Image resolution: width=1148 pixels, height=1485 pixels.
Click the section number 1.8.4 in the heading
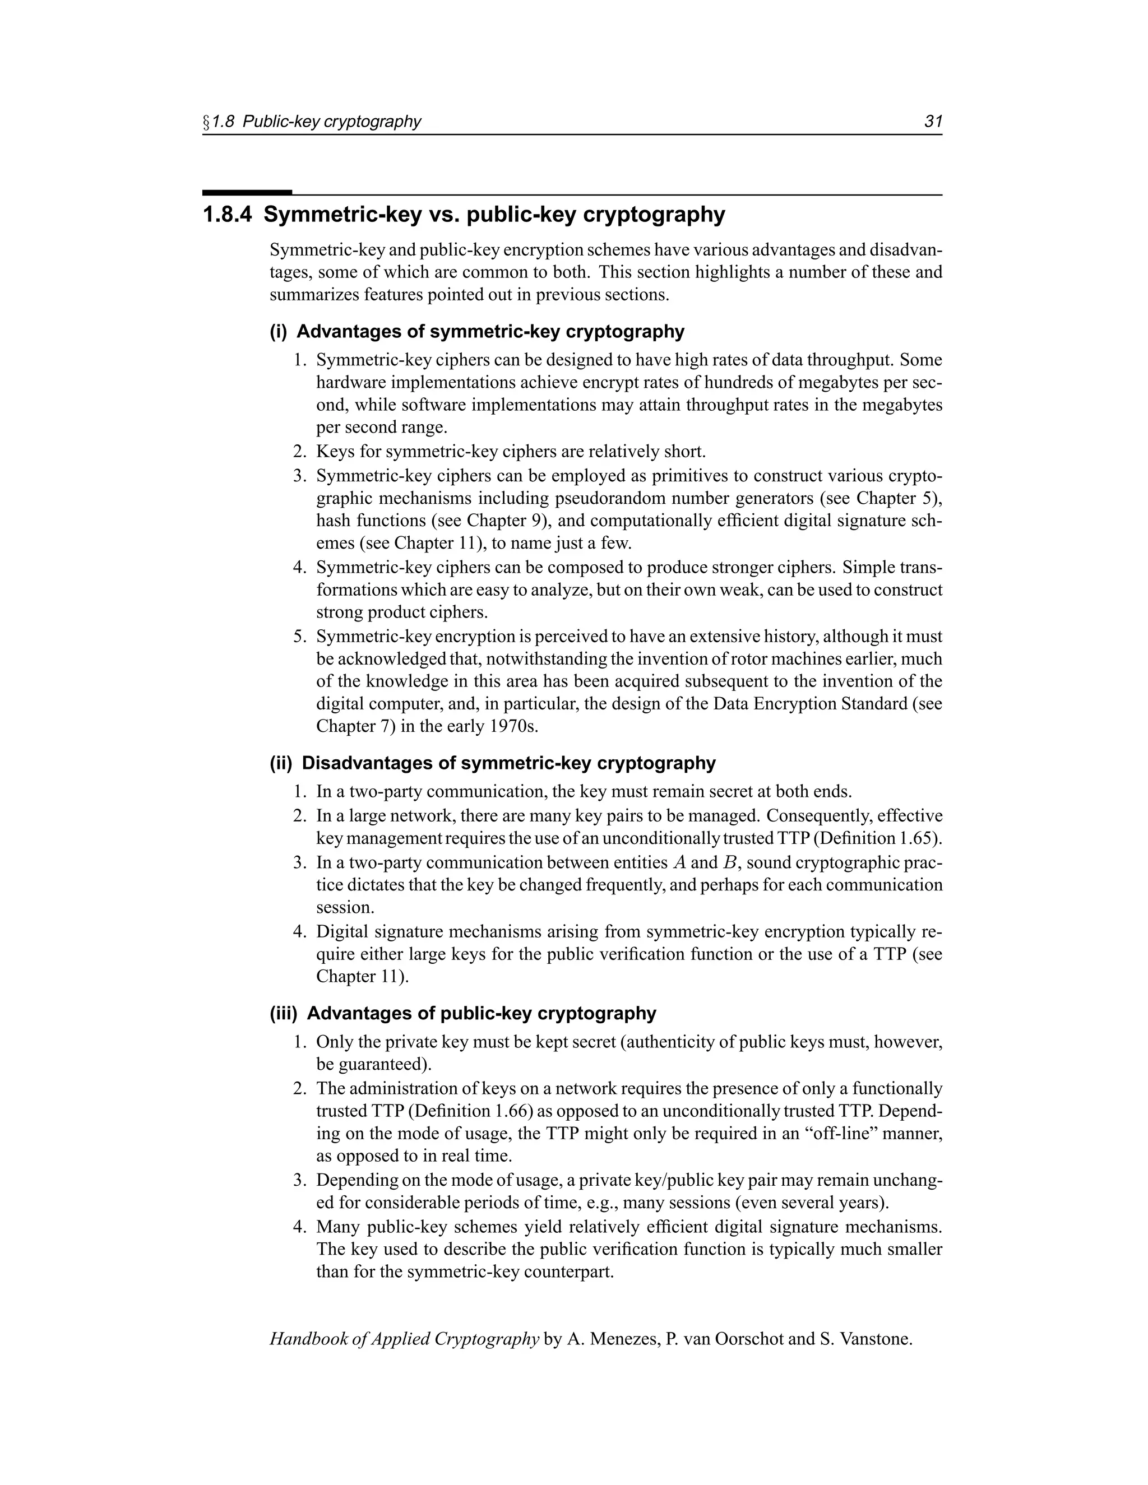coord(227,215)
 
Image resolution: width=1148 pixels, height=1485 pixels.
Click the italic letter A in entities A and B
coord(679,863)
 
